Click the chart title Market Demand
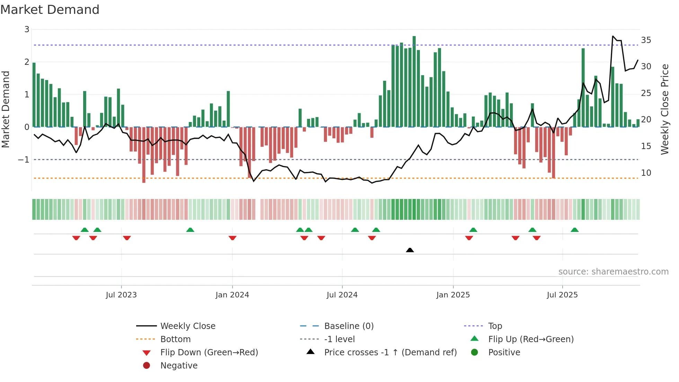click(x=50, y=10)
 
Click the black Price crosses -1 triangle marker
click(x=410, y=250)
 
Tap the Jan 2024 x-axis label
click(x=232, y=295)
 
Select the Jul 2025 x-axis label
click(x=562, y=295)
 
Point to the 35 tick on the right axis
click(x=646, y=40)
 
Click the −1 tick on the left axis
click(x=24, y=160)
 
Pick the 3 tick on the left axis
click(x=27, y=29)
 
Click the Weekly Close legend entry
click(x=187, y=326)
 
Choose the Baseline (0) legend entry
click(x=349, y=326)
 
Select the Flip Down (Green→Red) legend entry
click(x=209, y=353)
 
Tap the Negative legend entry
click(x=179, y=366)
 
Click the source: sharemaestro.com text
click(x=613, y=272)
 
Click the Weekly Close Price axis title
click(x=664, y=109)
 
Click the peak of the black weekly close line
click(x=613, y=36)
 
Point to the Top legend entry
click(x=495, y=326)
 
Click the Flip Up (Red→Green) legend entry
click(x=531, y=339)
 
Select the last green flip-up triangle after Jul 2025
click(x=575, y=230)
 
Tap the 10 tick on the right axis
click(x=646, y=173)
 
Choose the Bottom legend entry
click(x=175, y=339)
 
